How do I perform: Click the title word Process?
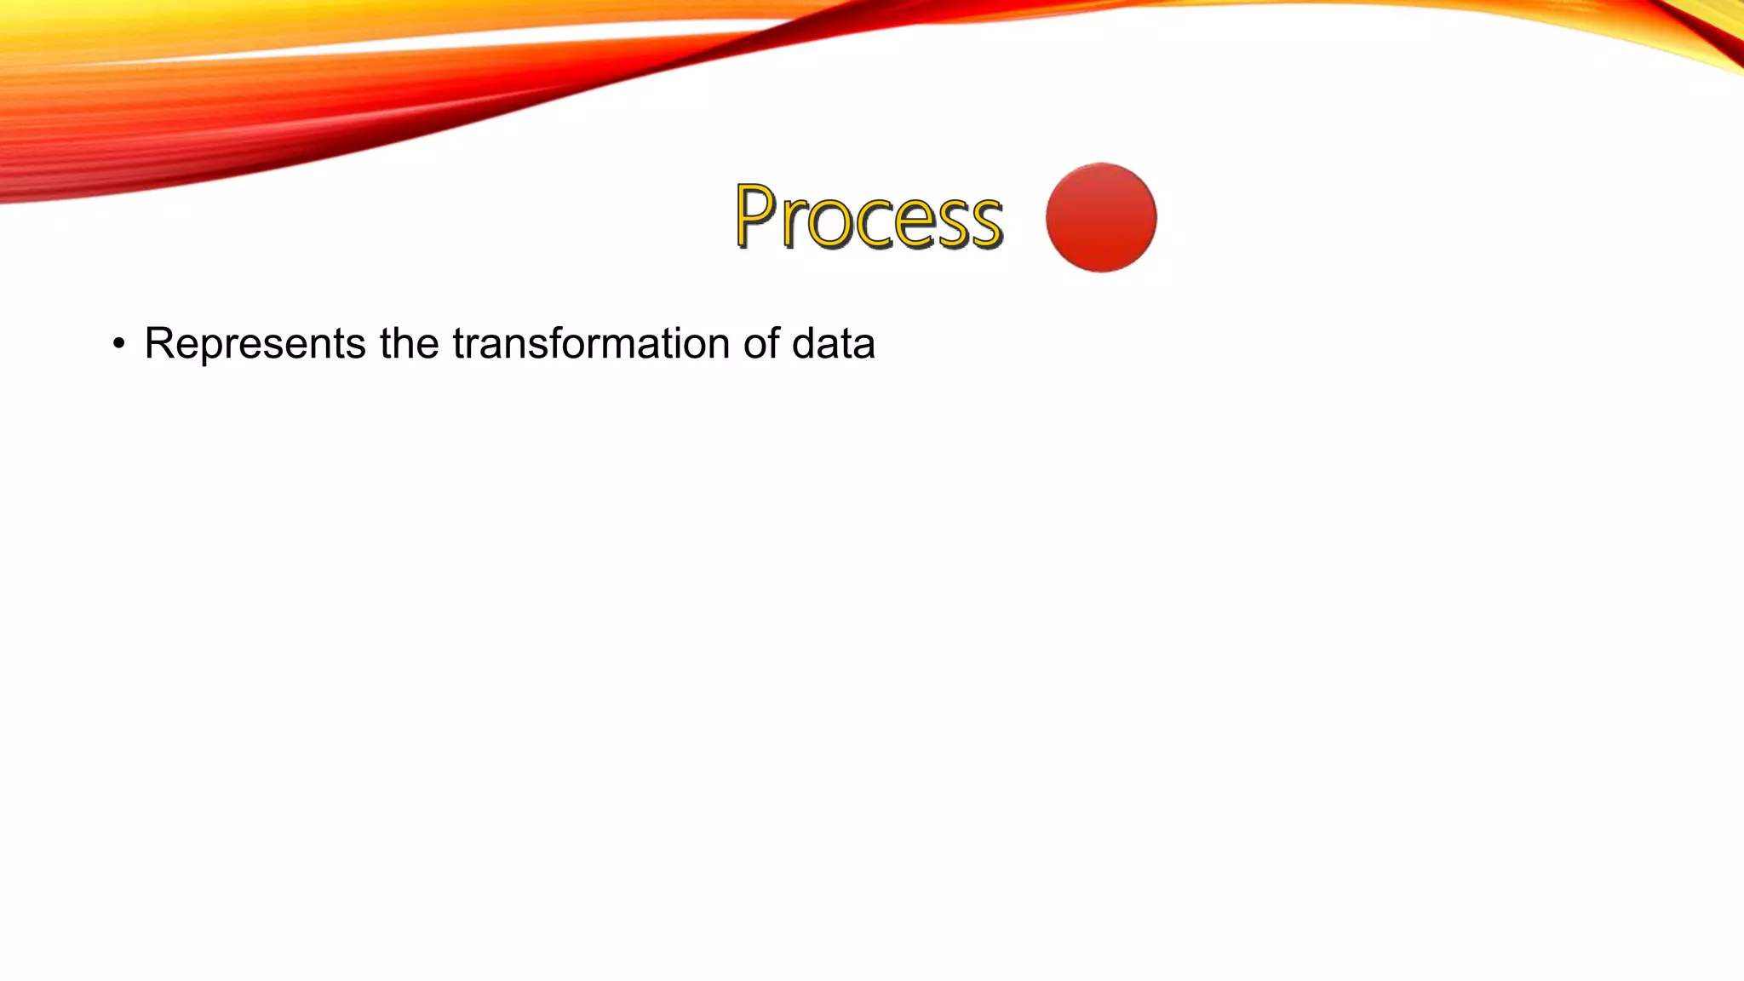pos(869,218)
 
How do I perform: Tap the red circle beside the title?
pos(1101,218)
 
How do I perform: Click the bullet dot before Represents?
pos(119,345)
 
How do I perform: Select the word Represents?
pos(255,345)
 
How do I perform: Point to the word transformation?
pos(592,344)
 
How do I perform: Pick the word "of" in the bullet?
pos(762,344)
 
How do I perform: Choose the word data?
pos(833,344)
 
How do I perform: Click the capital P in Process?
pos(755,216)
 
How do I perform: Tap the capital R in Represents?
pos(159,344)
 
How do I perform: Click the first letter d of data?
pos(803,344)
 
